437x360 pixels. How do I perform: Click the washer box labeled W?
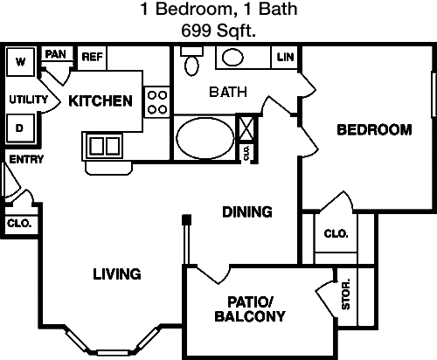point(20,62)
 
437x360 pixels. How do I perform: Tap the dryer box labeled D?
point(20,128)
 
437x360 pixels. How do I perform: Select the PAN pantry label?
point(55,54)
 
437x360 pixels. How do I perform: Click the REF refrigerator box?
point(93,58)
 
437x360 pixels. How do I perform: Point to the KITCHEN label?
point(101,100)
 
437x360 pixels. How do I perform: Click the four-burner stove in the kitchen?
point(157,102)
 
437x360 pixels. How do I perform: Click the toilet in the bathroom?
point(191,61)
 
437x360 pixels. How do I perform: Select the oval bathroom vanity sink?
point(232,58)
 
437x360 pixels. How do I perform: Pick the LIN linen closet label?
point(285,57)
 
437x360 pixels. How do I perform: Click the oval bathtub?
point(205,138)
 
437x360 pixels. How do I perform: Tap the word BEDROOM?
point(374,129)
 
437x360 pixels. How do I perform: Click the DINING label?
point(247,211)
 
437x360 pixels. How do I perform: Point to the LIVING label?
point(117,274)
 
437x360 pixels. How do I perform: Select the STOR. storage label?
point(346,294)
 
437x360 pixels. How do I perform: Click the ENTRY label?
point(26,159)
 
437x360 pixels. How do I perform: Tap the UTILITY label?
point(28,100)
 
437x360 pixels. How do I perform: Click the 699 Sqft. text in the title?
point(218,31)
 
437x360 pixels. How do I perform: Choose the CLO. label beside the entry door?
point(19,224)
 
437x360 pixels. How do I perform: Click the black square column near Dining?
point(186,219)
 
